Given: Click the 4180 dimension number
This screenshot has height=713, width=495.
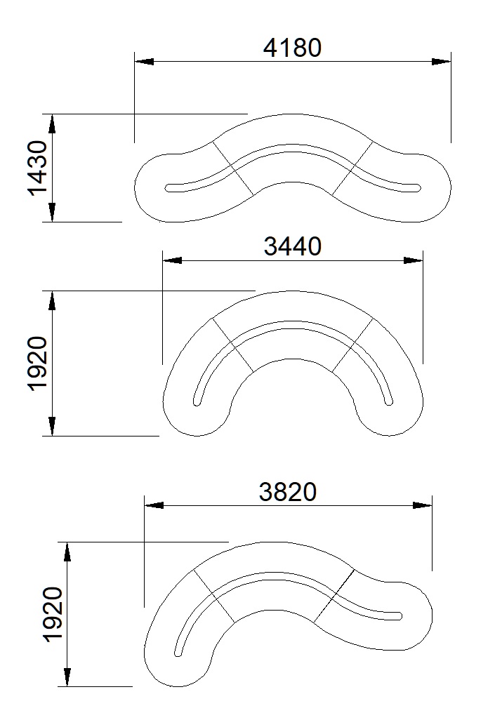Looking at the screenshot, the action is click(292, 48).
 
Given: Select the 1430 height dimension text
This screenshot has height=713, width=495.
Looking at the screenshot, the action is click(38, 168).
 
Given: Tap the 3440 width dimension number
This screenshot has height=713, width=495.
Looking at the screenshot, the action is click(293, 246).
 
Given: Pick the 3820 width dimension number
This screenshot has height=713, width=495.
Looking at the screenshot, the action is click(288, 491).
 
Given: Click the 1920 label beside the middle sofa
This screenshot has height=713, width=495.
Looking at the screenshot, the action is click(38, 364).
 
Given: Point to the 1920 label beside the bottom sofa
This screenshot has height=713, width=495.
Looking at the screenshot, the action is click(53, 615).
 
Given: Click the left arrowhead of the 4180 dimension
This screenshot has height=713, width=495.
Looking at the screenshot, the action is click(144, 61).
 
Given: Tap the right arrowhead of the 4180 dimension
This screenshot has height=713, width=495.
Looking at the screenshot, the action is click(442, 61).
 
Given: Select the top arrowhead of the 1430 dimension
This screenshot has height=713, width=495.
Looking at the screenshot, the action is click(52, 124).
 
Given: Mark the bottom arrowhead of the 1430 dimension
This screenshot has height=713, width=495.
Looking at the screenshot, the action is click(52, 213).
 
